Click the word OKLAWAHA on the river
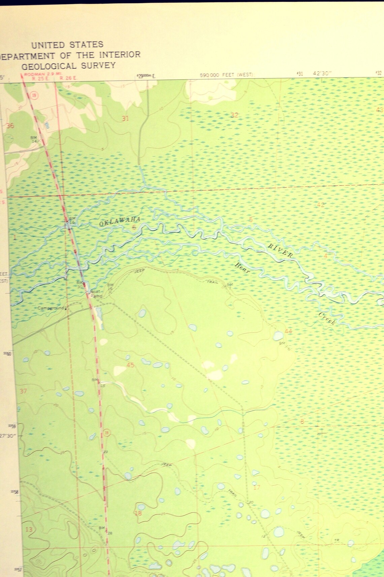tap(120, 221)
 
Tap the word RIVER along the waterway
tap(280, 250)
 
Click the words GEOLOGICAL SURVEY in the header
tap(68, 66)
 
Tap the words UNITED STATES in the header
tap(67, 44)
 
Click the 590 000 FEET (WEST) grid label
tap(226, 75)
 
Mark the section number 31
tap(125, 118)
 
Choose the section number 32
tap(234, 115)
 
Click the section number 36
tap(10, 126)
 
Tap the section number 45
tap(130, 365)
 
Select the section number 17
tap(257, 487)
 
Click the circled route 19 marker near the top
tap(35, 96)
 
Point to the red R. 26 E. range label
tap(68, 78)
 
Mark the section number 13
tap(29, 529)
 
